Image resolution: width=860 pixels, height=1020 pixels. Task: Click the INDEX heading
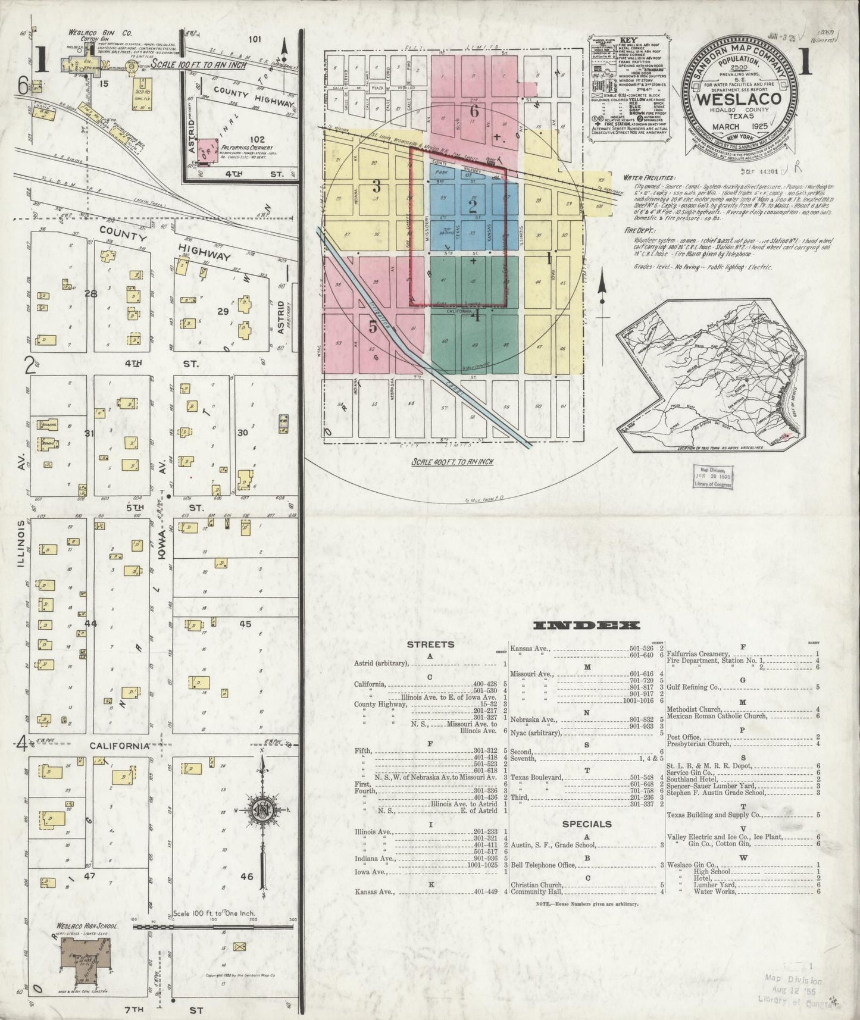point(586,625)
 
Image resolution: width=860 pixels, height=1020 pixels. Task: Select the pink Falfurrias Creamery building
point(209,150)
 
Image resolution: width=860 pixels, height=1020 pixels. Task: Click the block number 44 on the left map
point(90,623)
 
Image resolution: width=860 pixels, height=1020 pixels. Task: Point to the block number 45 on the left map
point(245,624)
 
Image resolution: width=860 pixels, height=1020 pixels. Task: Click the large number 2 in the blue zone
point(473,206)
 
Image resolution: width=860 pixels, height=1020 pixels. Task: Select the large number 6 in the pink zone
point(474,111)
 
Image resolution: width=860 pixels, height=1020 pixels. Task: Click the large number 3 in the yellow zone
point(376,185)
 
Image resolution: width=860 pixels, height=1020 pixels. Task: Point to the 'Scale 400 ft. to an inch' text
point(452,462)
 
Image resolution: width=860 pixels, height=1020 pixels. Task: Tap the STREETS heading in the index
point(430,644)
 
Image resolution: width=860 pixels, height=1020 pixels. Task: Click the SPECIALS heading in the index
point(587,824)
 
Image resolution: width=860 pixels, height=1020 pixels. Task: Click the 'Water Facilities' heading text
point(649,178)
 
